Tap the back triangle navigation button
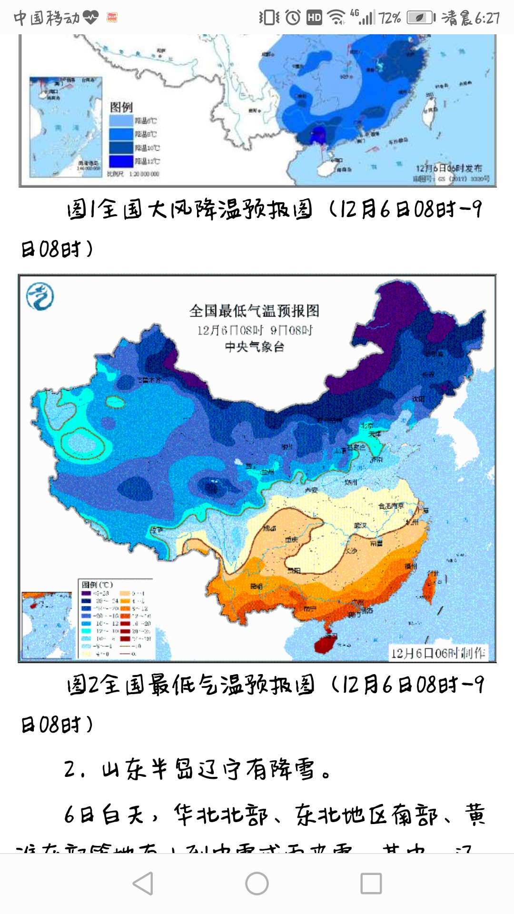click(143, 884)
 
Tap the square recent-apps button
click(371, 884)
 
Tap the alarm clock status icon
click(293, 18)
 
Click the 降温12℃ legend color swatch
click(121, 161)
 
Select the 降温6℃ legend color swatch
click(121, 120)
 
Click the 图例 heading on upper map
click(121, 107)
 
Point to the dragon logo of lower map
click(40, 296)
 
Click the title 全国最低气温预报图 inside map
click(254, 311)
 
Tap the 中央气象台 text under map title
click(254, 347)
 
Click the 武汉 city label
click(360, 526)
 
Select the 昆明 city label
click(257, 586)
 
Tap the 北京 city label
click(366, 426)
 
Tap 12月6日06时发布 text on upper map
click(448, 168)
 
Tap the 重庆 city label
click(291, 540)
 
